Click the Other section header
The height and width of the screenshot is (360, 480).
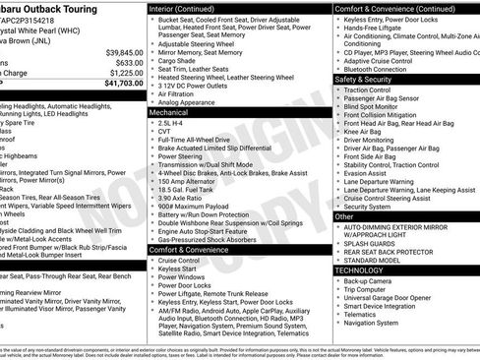pos(344,215)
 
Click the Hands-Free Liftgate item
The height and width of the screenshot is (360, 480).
pos(376,29)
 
